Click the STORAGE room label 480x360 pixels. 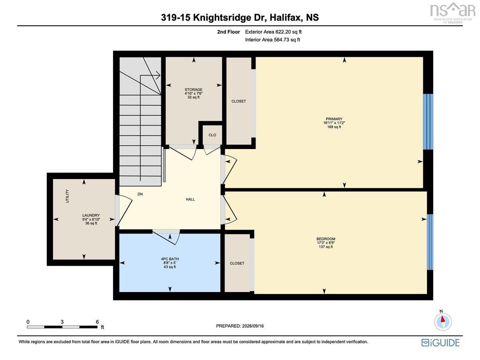194,90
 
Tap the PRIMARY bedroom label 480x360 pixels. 334,119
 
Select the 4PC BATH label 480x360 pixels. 170,259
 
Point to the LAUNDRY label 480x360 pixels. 91,215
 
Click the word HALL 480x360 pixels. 190,199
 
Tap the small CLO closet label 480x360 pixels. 212,135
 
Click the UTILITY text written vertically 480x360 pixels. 67,196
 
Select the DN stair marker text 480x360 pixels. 140,194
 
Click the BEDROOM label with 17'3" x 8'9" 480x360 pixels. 326,239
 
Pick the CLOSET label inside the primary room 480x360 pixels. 239,101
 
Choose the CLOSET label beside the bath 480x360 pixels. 237,263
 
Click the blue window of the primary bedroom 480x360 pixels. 428,121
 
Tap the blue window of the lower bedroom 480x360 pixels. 430,242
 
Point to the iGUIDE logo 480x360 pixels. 441,342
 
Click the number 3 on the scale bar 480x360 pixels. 62,322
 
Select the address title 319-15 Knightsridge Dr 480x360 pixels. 214,17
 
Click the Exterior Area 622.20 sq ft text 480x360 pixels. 273,32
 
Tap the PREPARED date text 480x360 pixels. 240,326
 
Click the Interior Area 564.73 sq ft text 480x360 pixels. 272,40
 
